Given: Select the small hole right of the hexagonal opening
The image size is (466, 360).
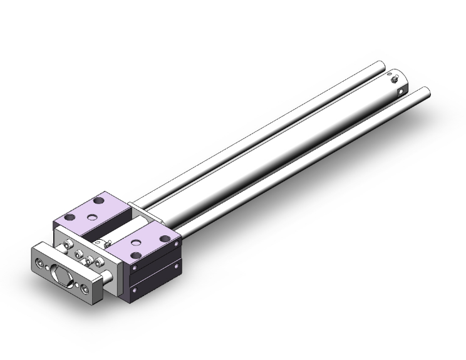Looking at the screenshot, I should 76,282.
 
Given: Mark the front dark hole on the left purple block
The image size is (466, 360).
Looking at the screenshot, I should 68,217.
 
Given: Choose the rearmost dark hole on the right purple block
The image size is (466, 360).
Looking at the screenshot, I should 165,238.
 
